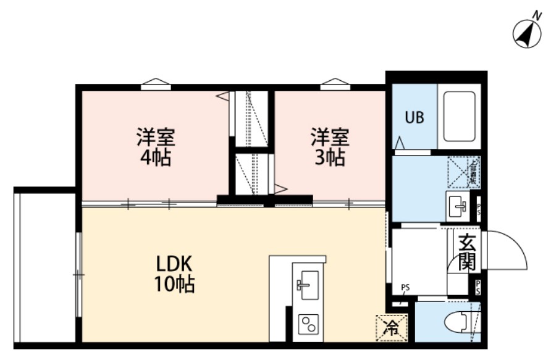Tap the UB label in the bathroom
point(414,117)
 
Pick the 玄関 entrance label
point(466,253)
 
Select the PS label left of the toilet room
point(405,287)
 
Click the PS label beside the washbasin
point(480,206)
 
